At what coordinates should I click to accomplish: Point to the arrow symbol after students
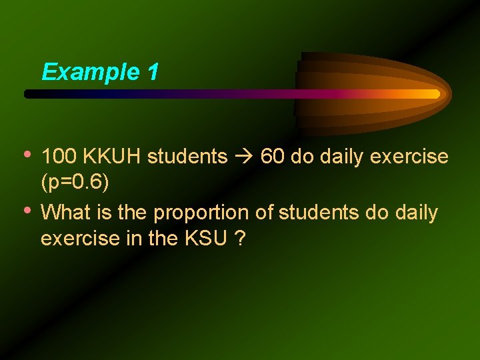pos(244,157)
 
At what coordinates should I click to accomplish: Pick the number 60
pos(271,157)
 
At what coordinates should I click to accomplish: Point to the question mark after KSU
pos(239,237)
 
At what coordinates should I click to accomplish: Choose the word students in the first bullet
pos(187,157)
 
